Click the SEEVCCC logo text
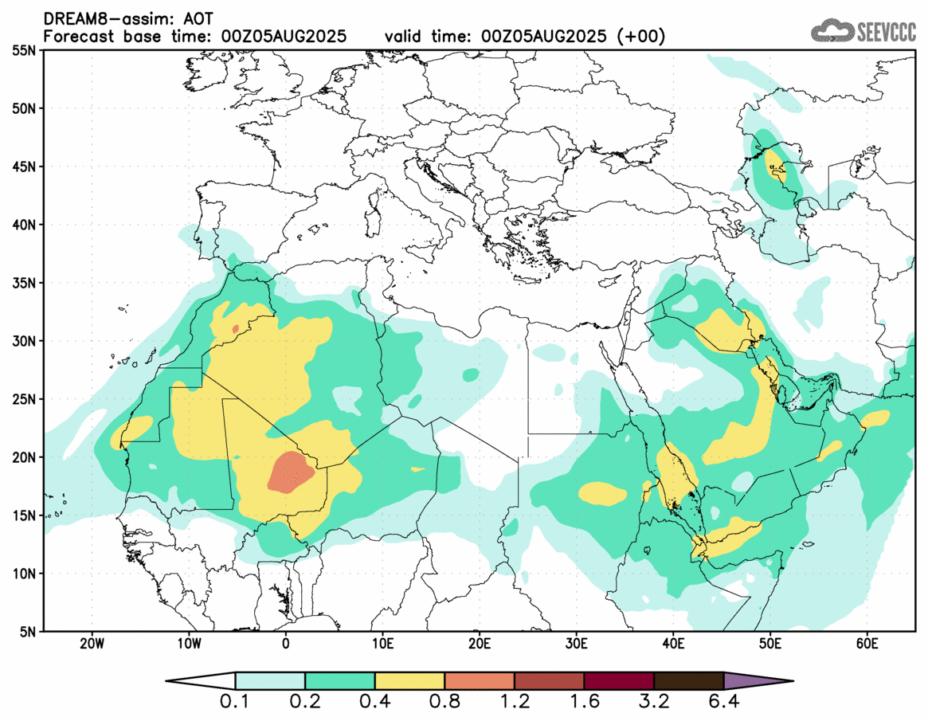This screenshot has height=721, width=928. coord(886,31)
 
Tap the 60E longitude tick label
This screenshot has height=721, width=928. coord(867,642)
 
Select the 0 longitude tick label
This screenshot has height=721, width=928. coord(286,642)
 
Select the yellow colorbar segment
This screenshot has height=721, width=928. coord(409,681)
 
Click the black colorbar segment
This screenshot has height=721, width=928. coord(688,681)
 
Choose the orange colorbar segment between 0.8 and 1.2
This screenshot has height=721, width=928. coord(480,681)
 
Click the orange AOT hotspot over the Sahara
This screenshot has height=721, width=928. coord(292,472)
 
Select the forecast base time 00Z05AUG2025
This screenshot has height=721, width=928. coord(269,37)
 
